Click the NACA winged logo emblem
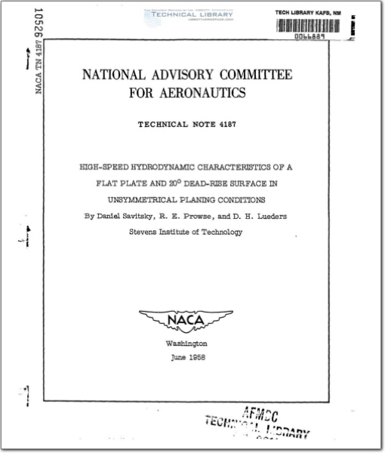pos(186,321)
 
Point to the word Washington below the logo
pos(186,344)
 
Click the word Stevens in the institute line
pos(144,233)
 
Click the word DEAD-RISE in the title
pos(218,183)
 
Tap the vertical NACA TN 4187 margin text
pos(38,72)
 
